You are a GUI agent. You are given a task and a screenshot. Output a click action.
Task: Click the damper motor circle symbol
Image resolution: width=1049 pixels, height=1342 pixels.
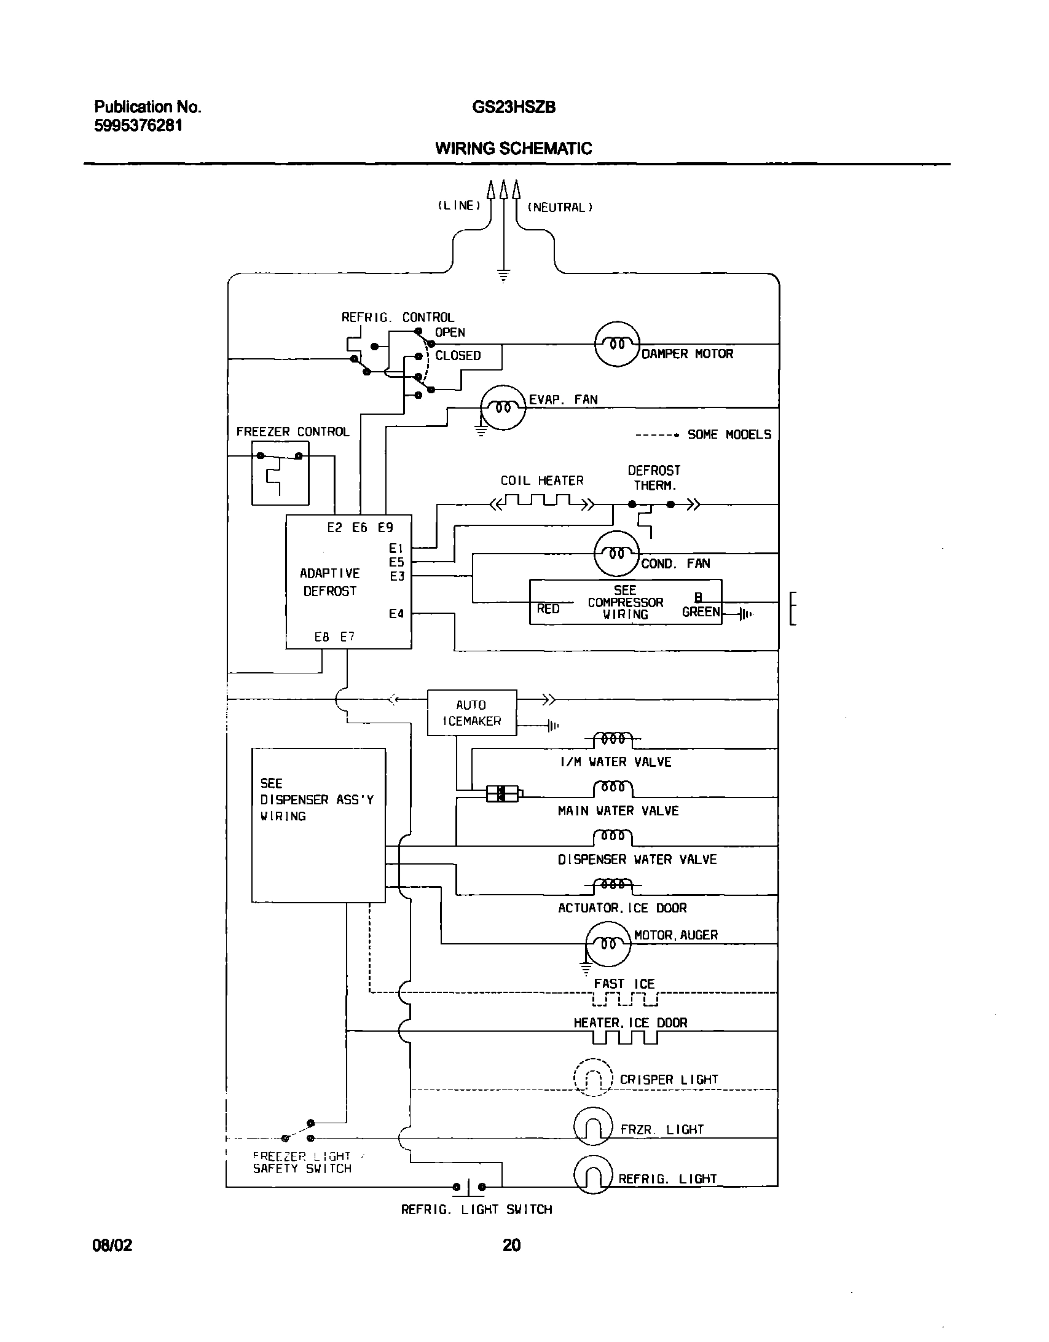618,344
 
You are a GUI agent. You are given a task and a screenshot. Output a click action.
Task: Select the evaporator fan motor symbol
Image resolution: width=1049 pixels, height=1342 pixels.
503,407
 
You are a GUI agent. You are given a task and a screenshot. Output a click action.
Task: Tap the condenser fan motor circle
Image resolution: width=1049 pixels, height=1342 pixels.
617,554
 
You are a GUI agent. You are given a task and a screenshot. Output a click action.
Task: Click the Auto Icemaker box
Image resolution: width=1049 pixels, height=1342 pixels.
471,713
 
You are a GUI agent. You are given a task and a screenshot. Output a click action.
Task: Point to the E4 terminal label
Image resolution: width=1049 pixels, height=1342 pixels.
396,613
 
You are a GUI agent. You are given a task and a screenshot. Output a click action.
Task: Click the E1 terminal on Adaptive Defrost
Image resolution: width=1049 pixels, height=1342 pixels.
396,547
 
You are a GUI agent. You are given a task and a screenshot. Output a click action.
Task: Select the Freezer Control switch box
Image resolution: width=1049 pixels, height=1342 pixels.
280,473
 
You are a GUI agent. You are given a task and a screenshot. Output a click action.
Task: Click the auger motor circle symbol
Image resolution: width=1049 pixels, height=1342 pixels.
608,944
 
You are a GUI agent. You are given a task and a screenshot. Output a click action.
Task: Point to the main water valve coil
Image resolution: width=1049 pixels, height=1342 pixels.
613,788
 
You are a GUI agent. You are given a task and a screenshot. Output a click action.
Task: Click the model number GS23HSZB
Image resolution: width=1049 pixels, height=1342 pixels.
513,108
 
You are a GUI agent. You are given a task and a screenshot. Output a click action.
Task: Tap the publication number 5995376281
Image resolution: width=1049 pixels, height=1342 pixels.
138,125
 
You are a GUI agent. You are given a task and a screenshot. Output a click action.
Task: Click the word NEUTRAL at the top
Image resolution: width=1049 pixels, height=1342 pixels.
559,208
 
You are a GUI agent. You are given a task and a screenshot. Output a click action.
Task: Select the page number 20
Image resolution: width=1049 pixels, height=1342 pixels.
511,1245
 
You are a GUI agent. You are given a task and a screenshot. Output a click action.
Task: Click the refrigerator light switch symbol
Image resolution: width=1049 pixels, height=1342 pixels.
469,1187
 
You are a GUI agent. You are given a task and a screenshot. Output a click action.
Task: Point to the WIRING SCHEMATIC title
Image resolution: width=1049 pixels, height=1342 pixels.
513,148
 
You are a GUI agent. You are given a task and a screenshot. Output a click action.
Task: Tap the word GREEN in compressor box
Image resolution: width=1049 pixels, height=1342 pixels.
700,612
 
